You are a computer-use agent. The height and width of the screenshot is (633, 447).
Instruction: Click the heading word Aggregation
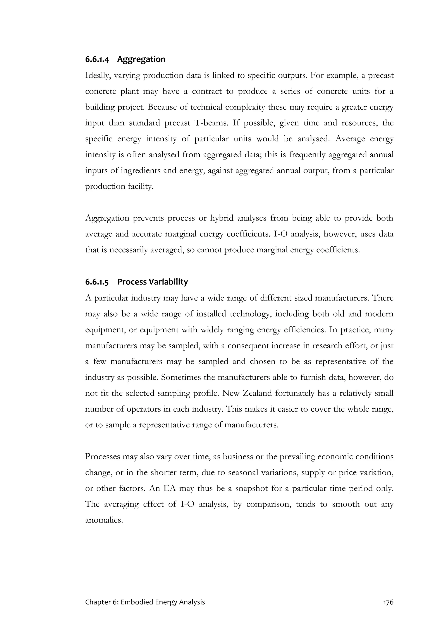tap(141, 59)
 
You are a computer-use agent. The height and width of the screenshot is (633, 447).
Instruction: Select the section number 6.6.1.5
tap(97, 282)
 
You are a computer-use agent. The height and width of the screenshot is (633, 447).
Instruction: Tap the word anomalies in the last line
tap(103, 520)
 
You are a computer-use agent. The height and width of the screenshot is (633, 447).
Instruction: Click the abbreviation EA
tap(169, 489)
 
